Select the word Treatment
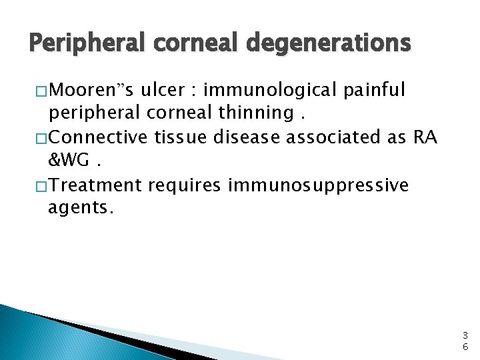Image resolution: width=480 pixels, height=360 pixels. (x=95, y=185)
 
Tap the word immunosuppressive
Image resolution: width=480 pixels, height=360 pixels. (x=318, y=185)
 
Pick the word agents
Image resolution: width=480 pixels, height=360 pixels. (x=81, y=209)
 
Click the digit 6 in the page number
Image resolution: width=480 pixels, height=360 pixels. (x=465, y=347)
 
